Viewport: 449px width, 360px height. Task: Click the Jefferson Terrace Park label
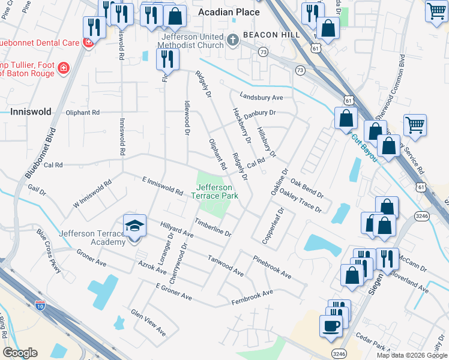(214, 191)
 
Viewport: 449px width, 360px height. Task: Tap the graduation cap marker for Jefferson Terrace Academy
(134, 227)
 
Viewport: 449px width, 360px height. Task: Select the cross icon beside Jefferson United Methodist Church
(233, 40)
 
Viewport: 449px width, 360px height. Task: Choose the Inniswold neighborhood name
(31, 112)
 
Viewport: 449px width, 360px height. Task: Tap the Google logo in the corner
(20, 353)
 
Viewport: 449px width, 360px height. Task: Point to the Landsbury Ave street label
(261, 97)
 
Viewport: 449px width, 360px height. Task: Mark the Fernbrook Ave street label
(252, 296)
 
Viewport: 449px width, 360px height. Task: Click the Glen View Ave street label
(148, 322)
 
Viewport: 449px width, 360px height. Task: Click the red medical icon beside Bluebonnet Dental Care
(88, 43)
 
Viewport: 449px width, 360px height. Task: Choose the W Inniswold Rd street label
(92, 192)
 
